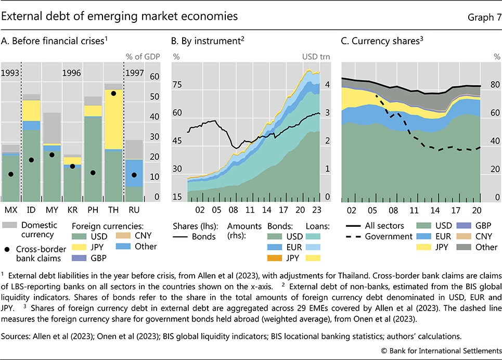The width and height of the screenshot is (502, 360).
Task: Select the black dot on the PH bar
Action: [x=93, y=173]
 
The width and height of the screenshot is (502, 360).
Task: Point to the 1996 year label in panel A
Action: [x=72, y=73]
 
